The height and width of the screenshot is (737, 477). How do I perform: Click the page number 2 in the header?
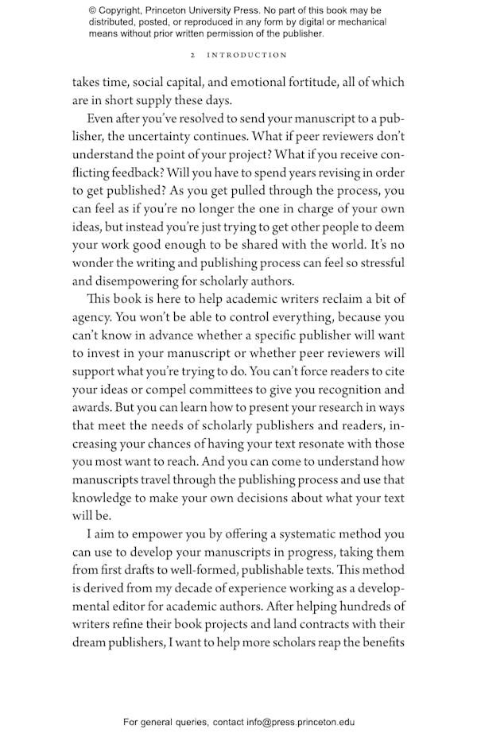coord(193,55)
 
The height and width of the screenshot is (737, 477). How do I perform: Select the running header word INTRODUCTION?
coord(247,55)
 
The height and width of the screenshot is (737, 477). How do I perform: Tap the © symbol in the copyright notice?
coord(94,10)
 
